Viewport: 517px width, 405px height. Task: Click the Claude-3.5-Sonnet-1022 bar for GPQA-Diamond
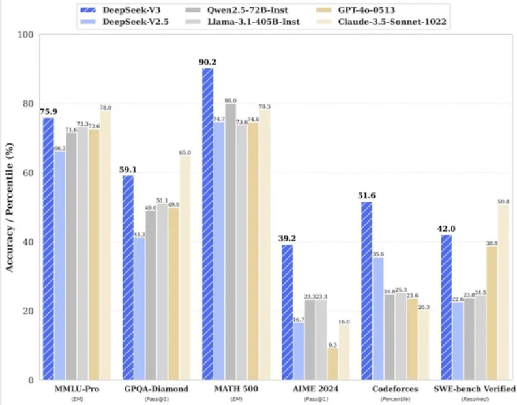point(185,267)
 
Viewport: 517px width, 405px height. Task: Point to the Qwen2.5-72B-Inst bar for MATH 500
point(231,241)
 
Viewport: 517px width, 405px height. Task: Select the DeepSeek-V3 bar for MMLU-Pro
point(48,248)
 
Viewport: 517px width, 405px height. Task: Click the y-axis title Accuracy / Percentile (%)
point(9,207)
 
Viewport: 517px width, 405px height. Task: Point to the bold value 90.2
point(208,63)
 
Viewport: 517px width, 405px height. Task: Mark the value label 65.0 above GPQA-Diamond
point(185,152)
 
